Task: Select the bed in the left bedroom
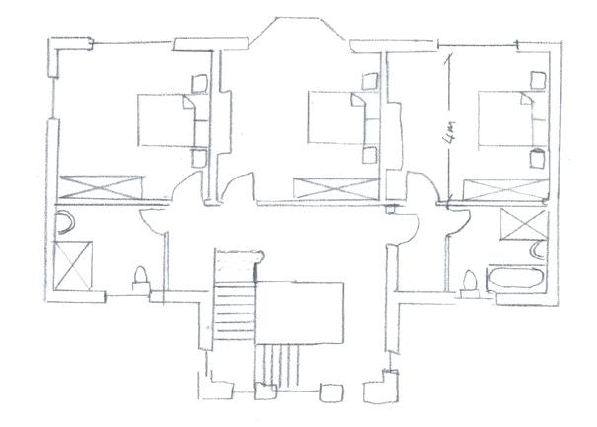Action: [x=162, y=119]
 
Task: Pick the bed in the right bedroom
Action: [x=502, y=117]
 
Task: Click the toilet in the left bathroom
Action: [x=140, y=277]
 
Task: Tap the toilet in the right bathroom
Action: [x=470, y=281]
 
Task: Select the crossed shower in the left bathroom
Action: [x=73, y=264]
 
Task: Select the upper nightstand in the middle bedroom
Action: [x=371, y=84]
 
